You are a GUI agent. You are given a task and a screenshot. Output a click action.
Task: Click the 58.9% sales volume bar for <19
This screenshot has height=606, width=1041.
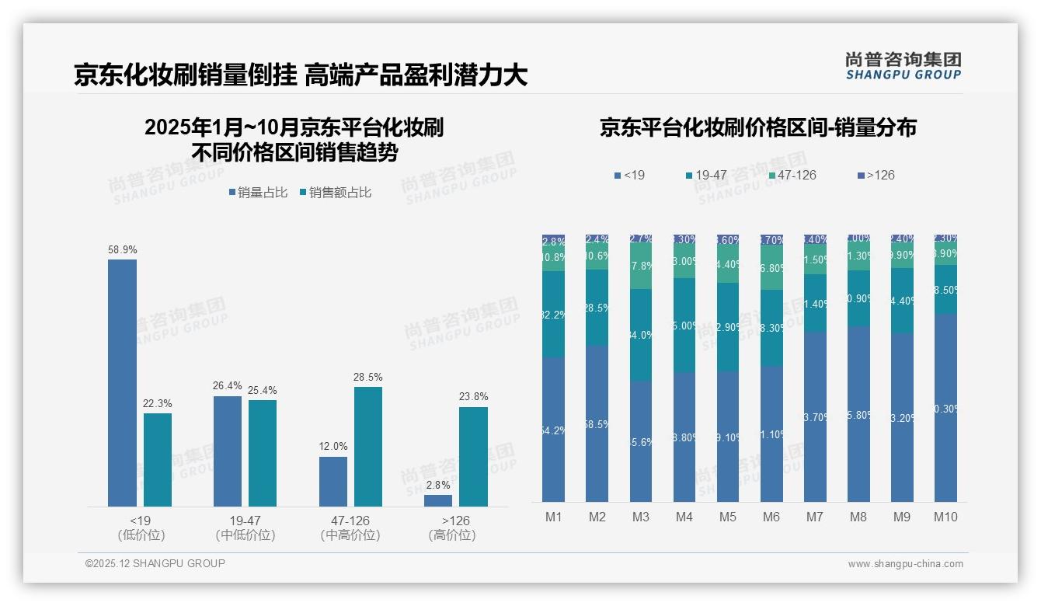(122, 382)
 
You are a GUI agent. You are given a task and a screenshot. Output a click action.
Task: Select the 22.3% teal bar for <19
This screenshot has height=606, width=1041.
(158, 459)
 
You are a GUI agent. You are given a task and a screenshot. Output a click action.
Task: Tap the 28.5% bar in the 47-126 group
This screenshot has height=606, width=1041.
(368, 446)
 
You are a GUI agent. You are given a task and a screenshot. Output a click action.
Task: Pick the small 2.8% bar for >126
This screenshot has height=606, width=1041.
(438, 500)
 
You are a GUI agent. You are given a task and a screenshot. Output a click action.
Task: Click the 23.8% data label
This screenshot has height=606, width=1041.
(473, 396)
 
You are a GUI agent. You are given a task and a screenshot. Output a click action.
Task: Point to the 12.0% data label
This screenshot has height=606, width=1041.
(333, 446)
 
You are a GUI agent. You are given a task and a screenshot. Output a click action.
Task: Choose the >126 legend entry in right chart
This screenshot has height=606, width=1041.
(875, 175)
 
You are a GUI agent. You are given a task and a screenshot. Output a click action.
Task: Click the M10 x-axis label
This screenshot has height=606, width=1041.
(945, 517)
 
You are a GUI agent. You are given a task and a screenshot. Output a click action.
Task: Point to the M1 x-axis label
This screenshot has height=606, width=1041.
(554, 517)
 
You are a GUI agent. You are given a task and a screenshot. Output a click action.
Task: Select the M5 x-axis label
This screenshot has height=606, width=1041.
(728, 517)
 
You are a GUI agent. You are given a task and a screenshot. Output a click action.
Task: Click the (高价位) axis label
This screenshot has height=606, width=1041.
(452, 535)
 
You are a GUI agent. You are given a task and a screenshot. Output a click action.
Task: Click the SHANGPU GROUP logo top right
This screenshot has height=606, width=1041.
(903, 66)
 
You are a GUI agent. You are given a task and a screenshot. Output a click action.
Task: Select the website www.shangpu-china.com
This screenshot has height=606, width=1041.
(905, 564)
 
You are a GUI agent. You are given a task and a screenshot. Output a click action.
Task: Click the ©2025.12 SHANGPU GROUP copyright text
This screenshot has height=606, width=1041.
(155, 563)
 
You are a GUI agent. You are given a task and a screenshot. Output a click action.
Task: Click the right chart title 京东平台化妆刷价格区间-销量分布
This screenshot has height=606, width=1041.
(757, 127)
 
